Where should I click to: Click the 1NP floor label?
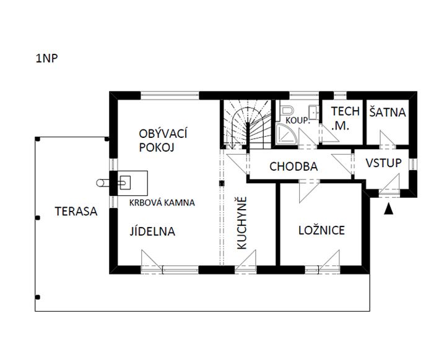46,59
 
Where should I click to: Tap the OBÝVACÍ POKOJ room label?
163,140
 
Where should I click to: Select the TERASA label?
75,211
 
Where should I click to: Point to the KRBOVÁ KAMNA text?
162,202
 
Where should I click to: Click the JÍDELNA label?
152,232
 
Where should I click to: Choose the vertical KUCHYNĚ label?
242,223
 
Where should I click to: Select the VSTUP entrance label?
383,163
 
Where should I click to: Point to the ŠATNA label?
387,113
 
